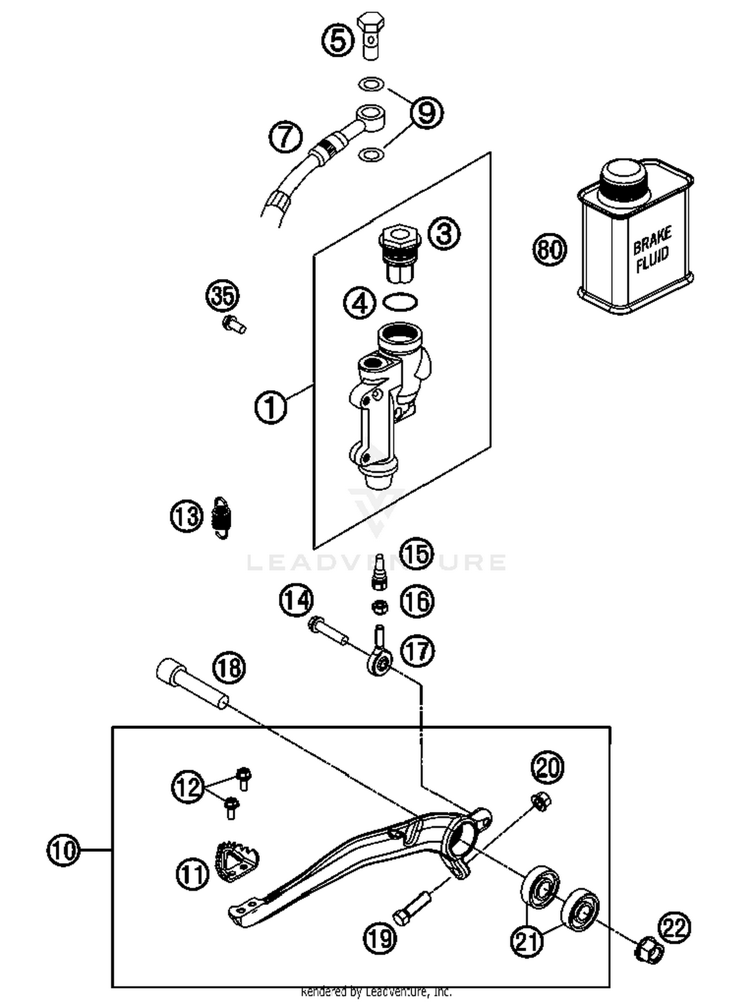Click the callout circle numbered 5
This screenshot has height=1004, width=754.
pos(338,41)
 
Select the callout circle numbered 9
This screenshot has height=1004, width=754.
pos(426,113)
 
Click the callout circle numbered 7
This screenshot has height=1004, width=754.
pos(286,137)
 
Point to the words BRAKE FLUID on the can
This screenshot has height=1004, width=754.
pos(652,250)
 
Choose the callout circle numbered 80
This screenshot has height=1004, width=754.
pos(549,249)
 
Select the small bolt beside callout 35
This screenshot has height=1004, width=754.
pos(234,324)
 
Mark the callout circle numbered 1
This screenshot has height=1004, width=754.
pos(270,407)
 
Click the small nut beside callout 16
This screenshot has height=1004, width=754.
pos(380,607)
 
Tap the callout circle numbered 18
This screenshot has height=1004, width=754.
pos(230,668)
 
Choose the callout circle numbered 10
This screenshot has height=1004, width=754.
pos(63,850)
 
